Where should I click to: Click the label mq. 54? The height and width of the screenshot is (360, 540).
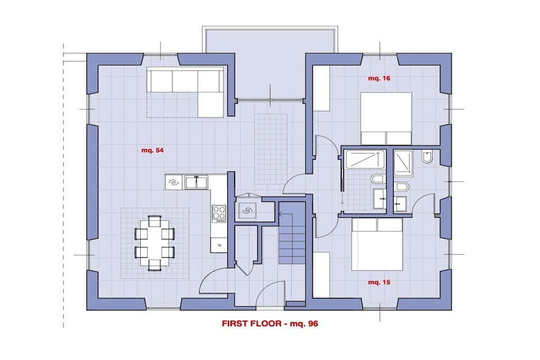point(152,150)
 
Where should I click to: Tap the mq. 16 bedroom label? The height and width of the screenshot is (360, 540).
point(379,79)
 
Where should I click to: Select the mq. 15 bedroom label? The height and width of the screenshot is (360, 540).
point(379,283)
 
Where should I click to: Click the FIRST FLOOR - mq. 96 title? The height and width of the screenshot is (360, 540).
point(270,324)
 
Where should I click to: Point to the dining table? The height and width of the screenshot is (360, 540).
point(155,242)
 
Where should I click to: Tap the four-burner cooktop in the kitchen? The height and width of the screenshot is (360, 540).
point(219,213)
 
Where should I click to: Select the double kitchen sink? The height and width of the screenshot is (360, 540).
point(197,182)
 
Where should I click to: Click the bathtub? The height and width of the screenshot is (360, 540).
point(365,159)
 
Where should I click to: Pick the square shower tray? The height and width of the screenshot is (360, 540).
point(403,162)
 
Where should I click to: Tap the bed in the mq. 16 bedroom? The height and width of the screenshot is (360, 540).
point(386,119)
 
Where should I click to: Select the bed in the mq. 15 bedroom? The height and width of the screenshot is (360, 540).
point(377,244)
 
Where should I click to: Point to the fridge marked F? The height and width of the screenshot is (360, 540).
point(219,246)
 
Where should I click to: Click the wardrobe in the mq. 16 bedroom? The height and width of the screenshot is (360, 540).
point(321,89)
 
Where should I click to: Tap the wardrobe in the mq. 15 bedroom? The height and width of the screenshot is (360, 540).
point(321,275)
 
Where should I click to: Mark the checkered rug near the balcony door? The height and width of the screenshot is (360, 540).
point(271,149)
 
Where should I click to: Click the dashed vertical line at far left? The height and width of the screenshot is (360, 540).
point(63,186)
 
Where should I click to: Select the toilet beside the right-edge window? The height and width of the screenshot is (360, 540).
point(427,157)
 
